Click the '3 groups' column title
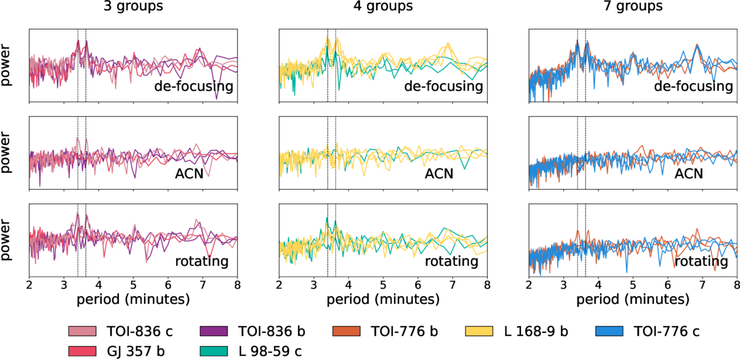(x=133, y=8)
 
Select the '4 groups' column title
(x=383, y=8)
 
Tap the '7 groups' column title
(x=633, y=8)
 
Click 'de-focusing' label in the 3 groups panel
(x=194, y=86)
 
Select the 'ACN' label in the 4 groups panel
(x=439, y=174)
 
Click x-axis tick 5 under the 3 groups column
(x=134, y=286)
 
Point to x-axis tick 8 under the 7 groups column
(x=737, y=286)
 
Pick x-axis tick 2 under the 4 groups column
(x=280, y=286)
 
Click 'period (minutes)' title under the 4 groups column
(x=383, y=300)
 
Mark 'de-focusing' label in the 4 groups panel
(x=444, y=86)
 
